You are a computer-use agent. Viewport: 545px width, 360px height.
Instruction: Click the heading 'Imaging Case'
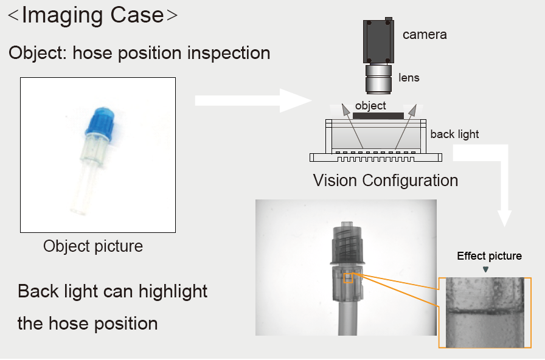tap(93, 15)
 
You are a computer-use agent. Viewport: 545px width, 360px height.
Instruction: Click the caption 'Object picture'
tap(93, 246)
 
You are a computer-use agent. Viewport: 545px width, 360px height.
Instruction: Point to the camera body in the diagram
tap(378, 41)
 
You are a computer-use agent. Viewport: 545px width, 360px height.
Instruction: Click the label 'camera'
tap(425, 35)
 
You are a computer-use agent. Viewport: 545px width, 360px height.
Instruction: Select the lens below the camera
tap(377, 78)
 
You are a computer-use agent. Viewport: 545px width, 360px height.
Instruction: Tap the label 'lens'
tap(409, 78)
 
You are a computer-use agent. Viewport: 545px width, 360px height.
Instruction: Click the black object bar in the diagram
tap(378, 116)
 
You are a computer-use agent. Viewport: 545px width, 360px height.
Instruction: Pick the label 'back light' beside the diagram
tap(454, 134)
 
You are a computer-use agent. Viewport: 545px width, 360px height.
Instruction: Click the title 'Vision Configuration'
tap(385, 181)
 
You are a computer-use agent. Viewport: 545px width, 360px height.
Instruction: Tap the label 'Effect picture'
tap(489, 256)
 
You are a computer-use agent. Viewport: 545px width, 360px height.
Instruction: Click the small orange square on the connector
tap(349, 278)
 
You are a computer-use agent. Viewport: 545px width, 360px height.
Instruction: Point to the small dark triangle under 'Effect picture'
tap(485, 269)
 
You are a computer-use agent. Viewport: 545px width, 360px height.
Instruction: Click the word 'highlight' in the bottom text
tap(173, 291)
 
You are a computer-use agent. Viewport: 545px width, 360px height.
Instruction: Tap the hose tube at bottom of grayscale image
tap(347, 319)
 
